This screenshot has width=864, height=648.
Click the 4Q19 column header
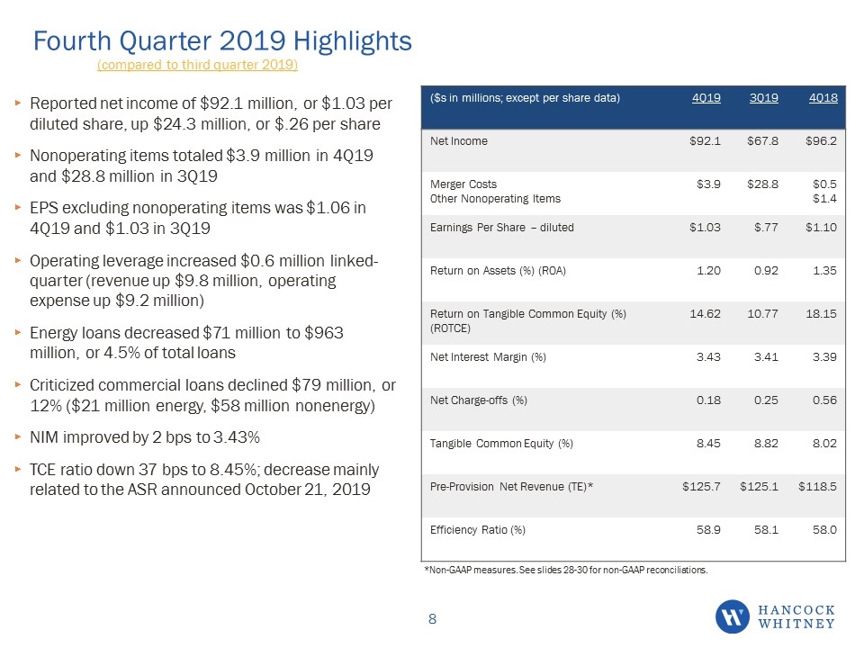pos(706,98)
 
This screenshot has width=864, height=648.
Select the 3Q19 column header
pos(764,98)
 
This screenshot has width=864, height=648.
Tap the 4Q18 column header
pos(823,98)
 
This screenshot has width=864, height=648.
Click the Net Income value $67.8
pos(762,141)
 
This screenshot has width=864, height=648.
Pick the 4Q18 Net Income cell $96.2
pos(821,141)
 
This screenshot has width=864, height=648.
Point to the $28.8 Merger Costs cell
pos(762,184)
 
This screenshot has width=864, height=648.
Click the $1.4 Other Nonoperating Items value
pos(825,198)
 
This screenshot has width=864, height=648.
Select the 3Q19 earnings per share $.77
pos(766,227)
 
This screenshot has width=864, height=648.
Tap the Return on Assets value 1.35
pos(824,271)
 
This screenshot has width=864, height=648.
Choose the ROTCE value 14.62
pos(706,313)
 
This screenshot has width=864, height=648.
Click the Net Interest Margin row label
pos(488,357)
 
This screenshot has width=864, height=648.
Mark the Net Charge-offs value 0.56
pos(824,400)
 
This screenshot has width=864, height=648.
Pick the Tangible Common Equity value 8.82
pos(766,443)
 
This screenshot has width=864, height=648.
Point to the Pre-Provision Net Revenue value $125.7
pos(701,487)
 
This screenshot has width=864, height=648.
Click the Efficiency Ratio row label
pos(478,529)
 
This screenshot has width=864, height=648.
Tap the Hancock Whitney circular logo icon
pos(733,616)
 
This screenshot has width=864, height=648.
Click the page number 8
pos(433,619)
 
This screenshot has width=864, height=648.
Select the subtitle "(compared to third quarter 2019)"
pos(197,65)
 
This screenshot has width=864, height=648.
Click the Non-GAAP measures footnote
pos(566,570)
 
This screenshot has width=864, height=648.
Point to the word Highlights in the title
pos(352,41)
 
